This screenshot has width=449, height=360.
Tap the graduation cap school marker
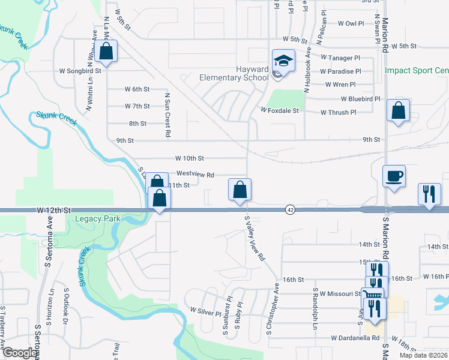[283, 61]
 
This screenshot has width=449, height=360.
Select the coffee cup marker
[394, 177]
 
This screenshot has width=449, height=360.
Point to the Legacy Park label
[98, 218]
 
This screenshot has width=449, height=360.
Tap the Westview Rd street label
[196, 175]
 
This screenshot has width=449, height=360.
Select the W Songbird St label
[80, 70]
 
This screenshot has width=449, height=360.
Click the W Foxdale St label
[279, 110]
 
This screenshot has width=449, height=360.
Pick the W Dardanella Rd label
[355, 338]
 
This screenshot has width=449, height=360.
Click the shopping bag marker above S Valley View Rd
[240, 190]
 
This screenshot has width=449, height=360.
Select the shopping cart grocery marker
[374, 294]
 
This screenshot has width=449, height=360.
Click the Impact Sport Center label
[417, 70]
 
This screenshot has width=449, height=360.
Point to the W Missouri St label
[340, 294]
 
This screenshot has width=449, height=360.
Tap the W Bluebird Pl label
[361, 98]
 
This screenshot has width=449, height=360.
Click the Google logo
[20, 353]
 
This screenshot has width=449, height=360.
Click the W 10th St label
[190, 158]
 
